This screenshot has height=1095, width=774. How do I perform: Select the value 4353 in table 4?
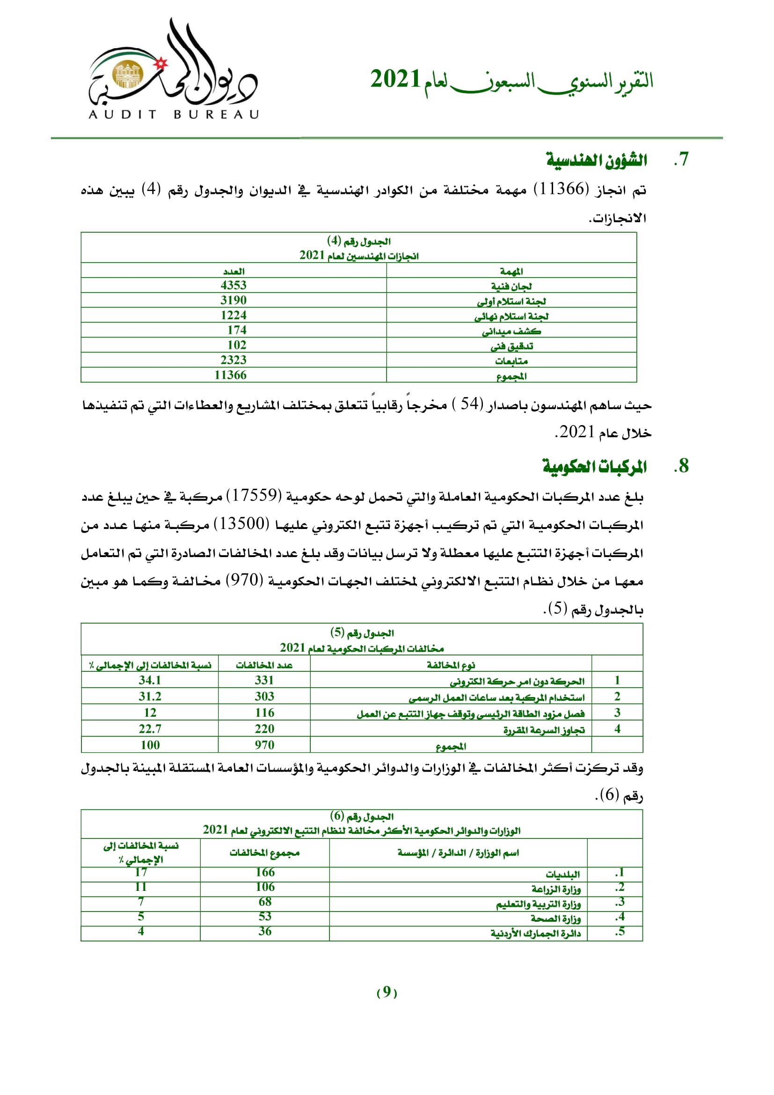234,285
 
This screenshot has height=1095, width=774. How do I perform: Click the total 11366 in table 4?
230,375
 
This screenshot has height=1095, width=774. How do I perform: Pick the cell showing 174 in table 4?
237,330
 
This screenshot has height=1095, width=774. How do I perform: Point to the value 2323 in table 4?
234,360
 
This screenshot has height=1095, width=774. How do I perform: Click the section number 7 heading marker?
681,159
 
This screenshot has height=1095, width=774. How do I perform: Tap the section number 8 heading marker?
681,466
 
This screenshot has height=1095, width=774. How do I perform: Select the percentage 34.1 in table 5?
150,680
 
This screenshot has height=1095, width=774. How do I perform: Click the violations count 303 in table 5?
264,696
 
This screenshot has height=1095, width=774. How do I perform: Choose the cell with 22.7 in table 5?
150,729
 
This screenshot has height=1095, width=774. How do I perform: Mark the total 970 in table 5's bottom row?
264,745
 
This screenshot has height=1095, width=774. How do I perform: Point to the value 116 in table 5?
264,713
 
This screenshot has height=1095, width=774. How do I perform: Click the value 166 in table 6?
265,872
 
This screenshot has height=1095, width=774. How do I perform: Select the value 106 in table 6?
265,887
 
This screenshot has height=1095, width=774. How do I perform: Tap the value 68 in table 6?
265,902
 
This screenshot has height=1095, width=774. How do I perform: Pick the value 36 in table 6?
265,932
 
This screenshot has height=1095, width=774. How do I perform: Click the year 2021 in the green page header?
395,79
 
